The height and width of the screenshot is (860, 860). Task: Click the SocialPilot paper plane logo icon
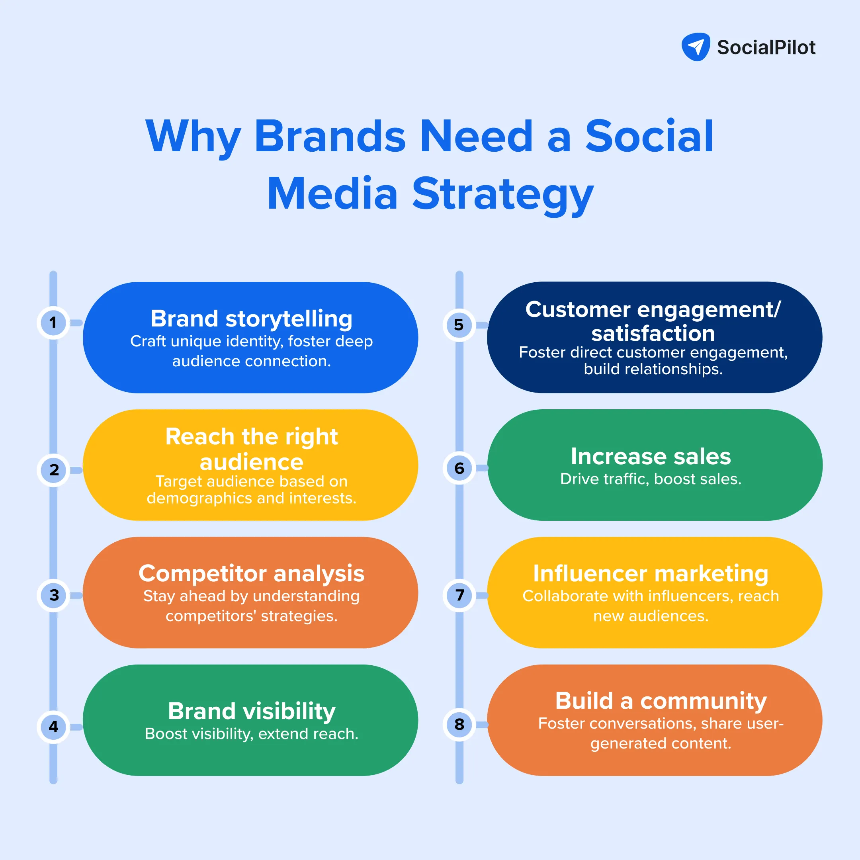point(696,47)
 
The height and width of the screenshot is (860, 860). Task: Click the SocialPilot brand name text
point(766,47)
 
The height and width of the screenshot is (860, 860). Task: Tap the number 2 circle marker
point(53,470)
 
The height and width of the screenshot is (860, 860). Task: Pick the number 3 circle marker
point(53,595)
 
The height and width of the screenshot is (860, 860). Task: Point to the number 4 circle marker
point(53,727)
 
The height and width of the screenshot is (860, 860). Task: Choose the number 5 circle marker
point(459,325)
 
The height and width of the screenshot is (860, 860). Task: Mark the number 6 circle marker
point(459,468)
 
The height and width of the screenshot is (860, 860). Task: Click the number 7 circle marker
point(459,595)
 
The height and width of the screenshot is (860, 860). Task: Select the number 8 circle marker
point(459,725)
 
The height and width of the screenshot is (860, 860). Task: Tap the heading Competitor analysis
point(252,573)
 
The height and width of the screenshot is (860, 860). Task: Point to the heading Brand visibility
point(252,711)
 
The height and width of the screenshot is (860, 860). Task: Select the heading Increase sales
point(651,456)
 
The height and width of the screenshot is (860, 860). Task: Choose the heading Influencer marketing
point(651,573)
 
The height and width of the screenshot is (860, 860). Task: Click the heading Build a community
point(661,701)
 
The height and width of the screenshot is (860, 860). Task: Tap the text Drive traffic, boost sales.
point(651,479)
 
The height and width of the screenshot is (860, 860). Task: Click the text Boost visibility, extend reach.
point(252,733)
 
